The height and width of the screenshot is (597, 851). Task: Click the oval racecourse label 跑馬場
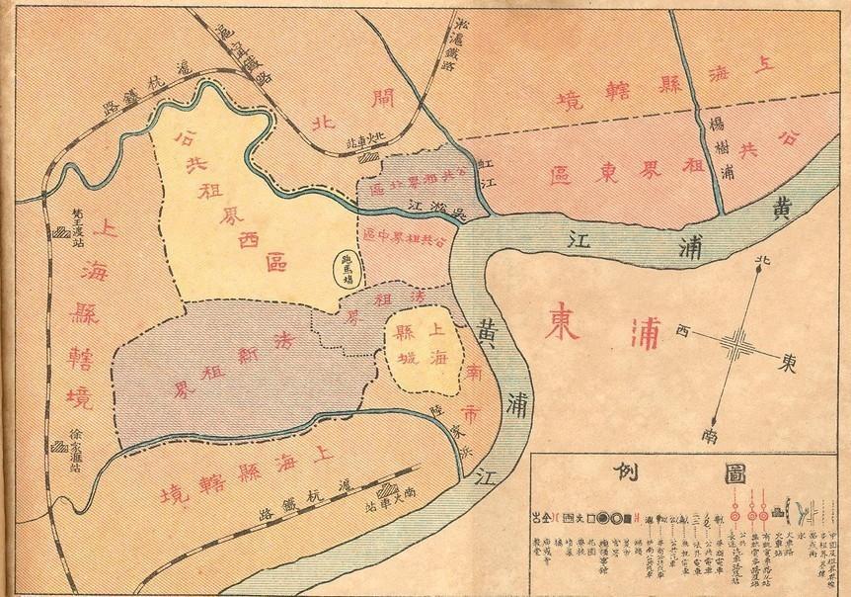click(347, 266)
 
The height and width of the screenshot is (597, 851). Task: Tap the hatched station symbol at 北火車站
click(370, 155)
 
